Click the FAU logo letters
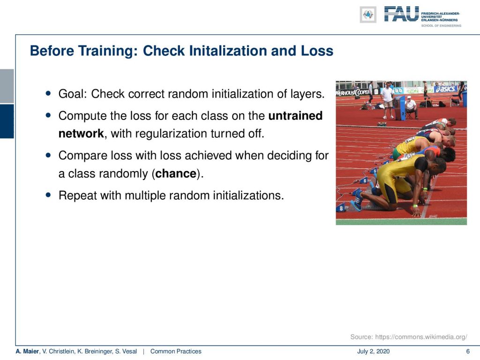pos(401,14)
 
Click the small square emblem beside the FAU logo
pos(368,15)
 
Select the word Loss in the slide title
pos(317,51)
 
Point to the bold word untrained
pos(295,116)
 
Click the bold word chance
pos(176,173)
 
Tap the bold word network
pos(81,134)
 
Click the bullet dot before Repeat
pos(48,195)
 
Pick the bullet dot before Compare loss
pos(48,155)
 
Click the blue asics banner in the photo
pos(446,89)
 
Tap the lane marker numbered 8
pos(341,208)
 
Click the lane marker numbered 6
pos(364,180)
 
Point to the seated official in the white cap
pos(411,107)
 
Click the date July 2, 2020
pos(373,352)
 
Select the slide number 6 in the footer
pos(468,352)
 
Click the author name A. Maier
pos(28,352)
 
